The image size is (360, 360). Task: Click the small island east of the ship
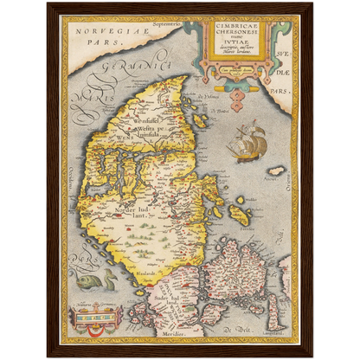[x=276, y=170]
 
